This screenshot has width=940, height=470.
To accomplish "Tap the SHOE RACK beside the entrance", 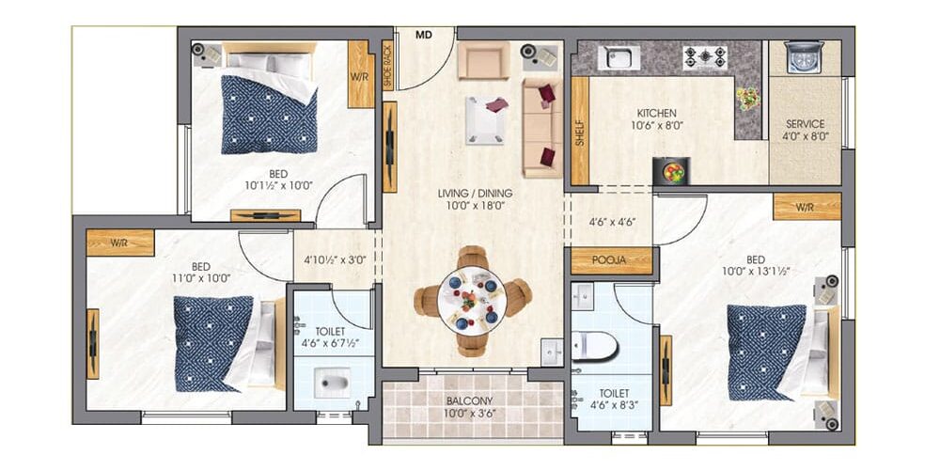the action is pos(387,66).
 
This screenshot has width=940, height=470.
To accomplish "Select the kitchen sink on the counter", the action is pos(619,57).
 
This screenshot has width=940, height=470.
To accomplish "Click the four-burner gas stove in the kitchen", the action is pos(705,57).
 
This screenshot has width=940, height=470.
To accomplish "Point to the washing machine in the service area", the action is pos(804,57).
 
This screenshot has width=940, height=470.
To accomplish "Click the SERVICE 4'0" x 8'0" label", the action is pos(806,130).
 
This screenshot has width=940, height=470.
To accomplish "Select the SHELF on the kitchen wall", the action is pos(580,131).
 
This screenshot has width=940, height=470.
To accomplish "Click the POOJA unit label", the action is pos(609,260).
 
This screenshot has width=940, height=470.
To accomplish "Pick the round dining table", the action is pos(473,301).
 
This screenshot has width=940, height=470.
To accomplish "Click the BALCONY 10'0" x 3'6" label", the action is pos(473,406).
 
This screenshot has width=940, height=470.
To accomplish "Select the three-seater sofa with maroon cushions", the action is pos(542,128).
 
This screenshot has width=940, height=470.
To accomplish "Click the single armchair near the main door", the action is pos(483,60).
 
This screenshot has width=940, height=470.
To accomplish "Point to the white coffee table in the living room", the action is pos(485,120).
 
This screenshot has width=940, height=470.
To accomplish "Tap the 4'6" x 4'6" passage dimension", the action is pos(612,221).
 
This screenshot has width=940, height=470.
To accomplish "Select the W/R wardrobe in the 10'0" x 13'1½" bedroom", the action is pos(807,207).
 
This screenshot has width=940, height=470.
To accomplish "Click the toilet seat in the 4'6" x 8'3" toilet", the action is pos(594,347).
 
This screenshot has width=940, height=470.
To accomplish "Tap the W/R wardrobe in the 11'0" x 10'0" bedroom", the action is pos(120,243).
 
